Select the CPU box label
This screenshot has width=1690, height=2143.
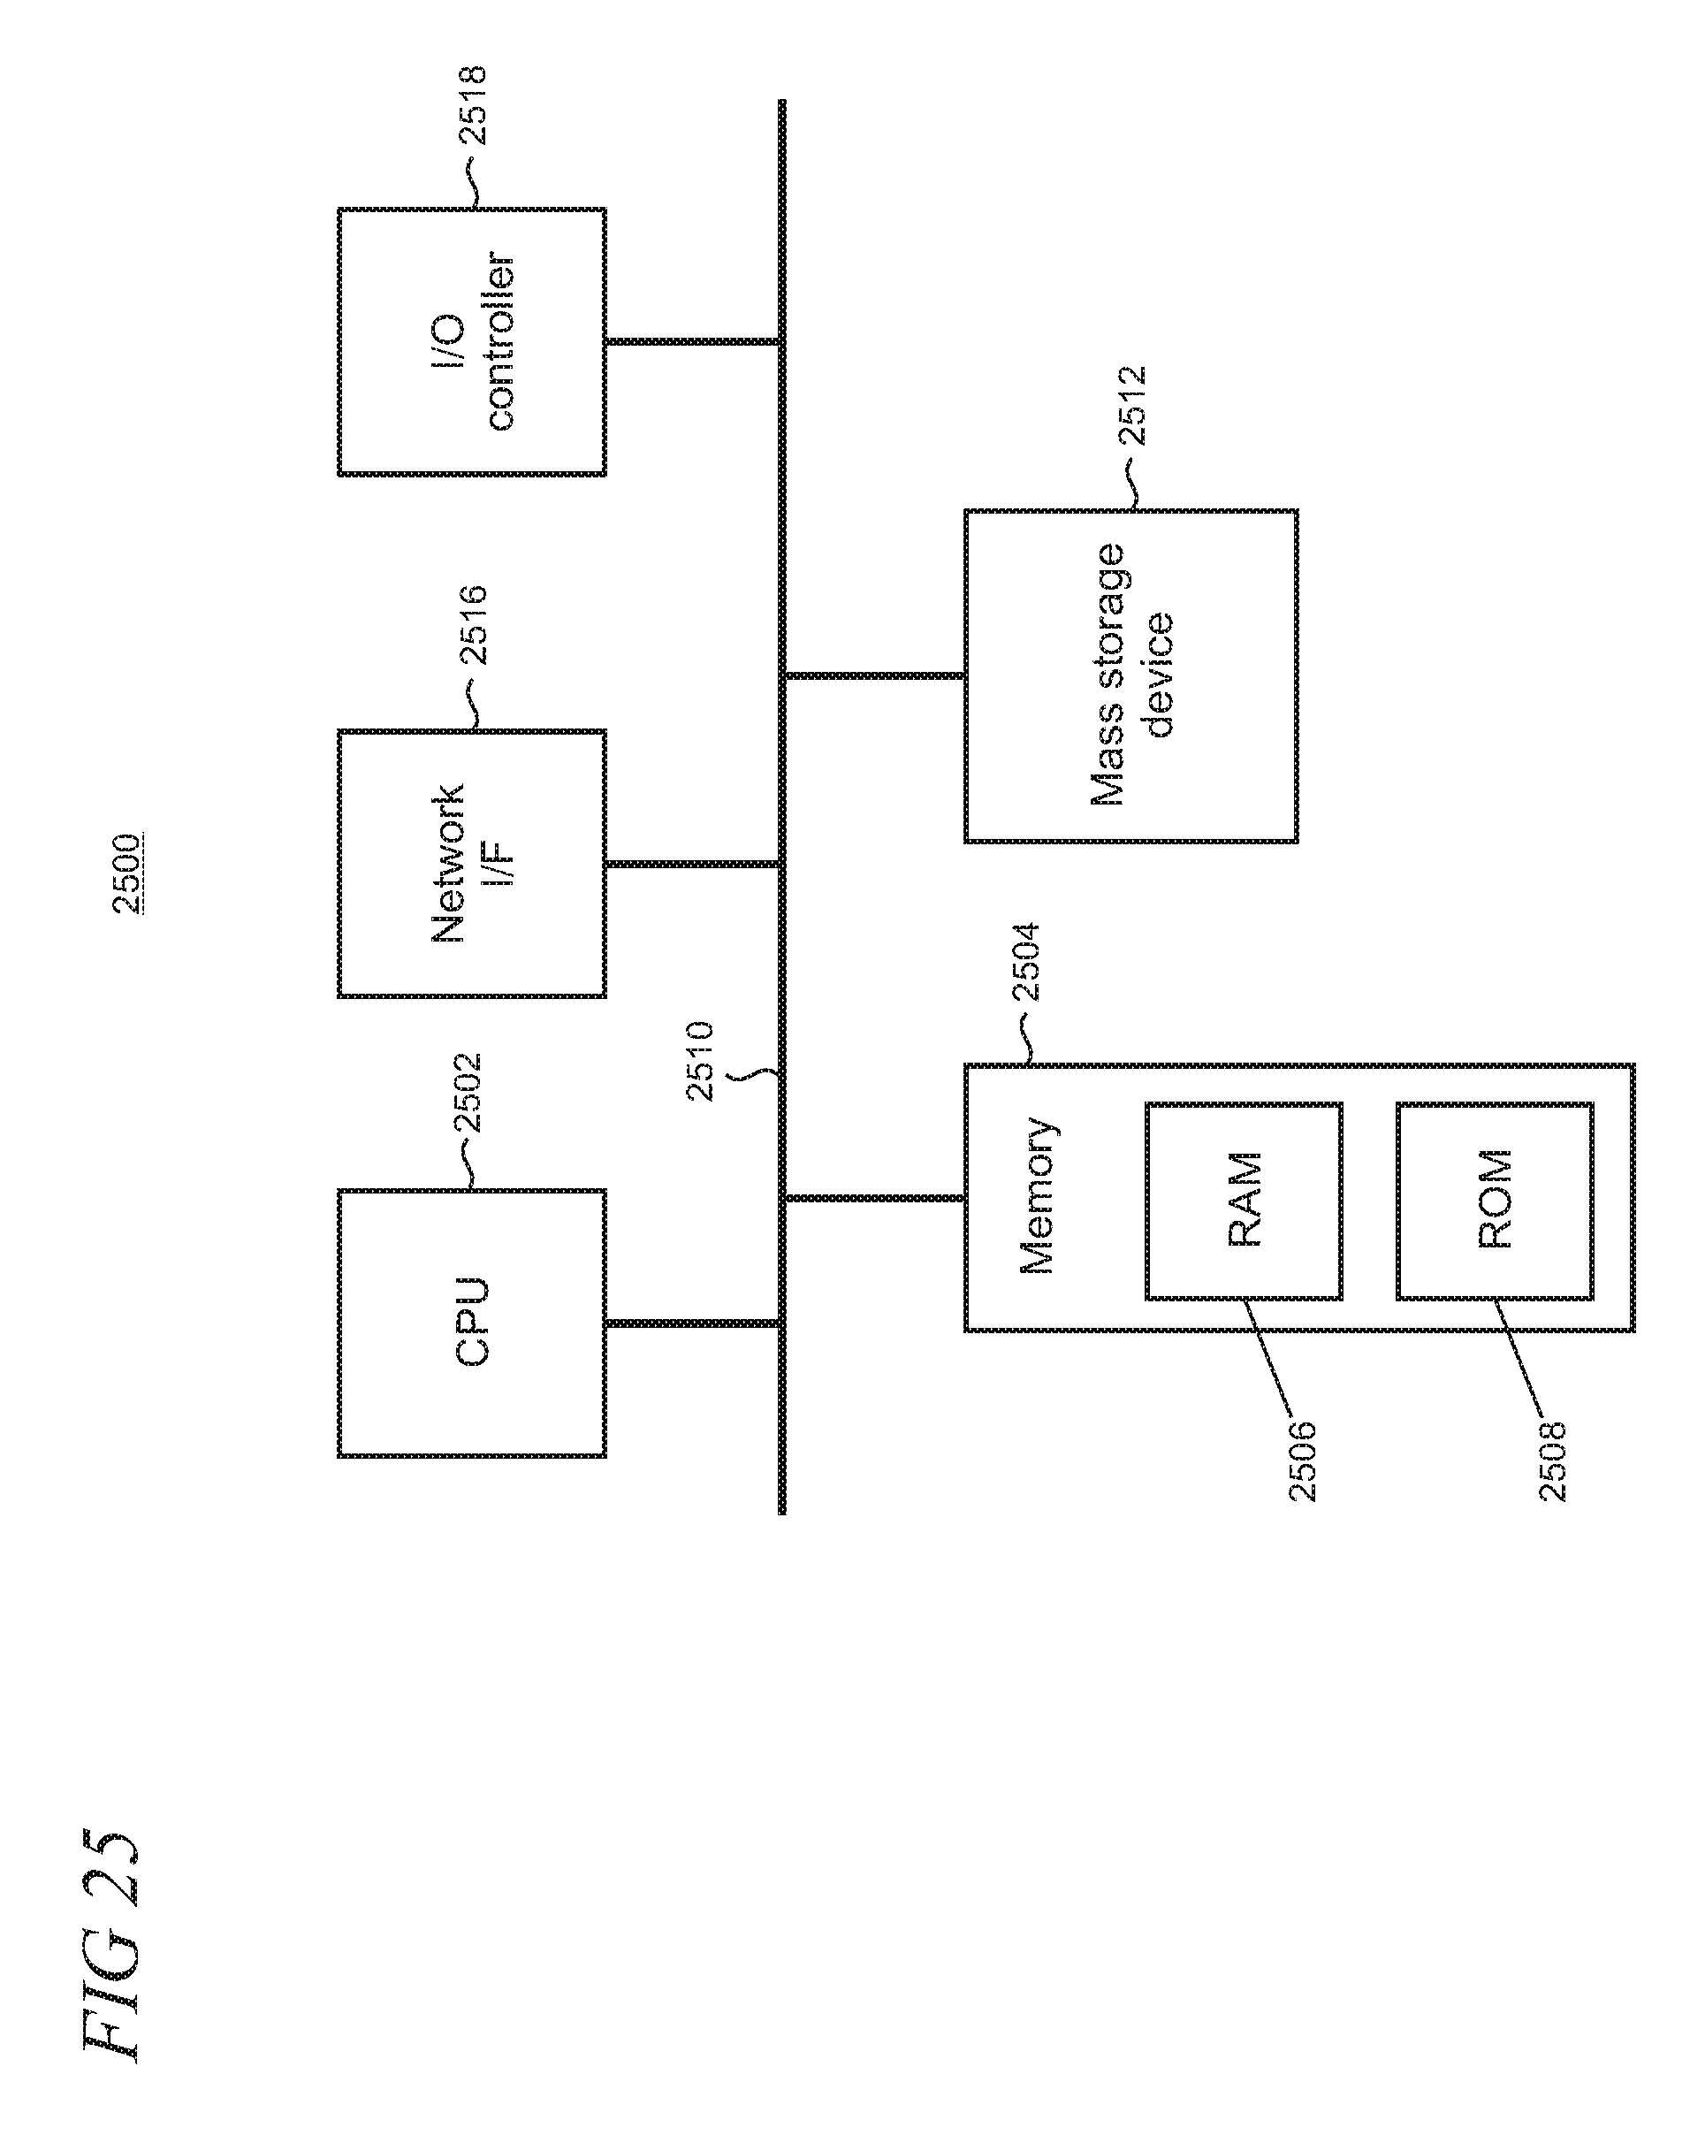pos(472,1323)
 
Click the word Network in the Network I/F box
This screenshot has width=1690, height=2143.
pos(448,864)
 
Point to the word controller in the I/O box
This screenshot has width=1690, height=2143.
pos(499,342)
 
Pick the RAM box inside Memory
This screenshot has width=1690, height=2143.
pos(1245,1201)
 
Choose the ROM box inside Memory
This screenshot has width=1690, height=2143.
pos(1495,1201)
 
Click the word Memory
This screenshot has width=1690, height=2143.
pos(1038,1195)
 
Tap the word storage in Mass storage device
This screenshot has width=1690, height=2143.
pos(1107,625)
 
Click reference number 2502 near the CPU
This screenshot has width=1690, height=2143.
pos(467,1093)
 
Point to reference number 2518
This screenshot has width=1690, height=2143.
pos(472,104)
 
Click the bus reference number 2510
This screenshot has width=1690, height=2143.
pos(699,1062)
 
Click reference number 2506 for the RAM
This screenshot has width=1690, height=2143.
pos(1303,1461)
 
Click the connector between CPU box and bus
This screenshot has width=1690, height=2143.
pos(693,1323)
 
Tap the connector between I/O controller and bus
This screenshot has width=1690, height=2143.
pos(693,342)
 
